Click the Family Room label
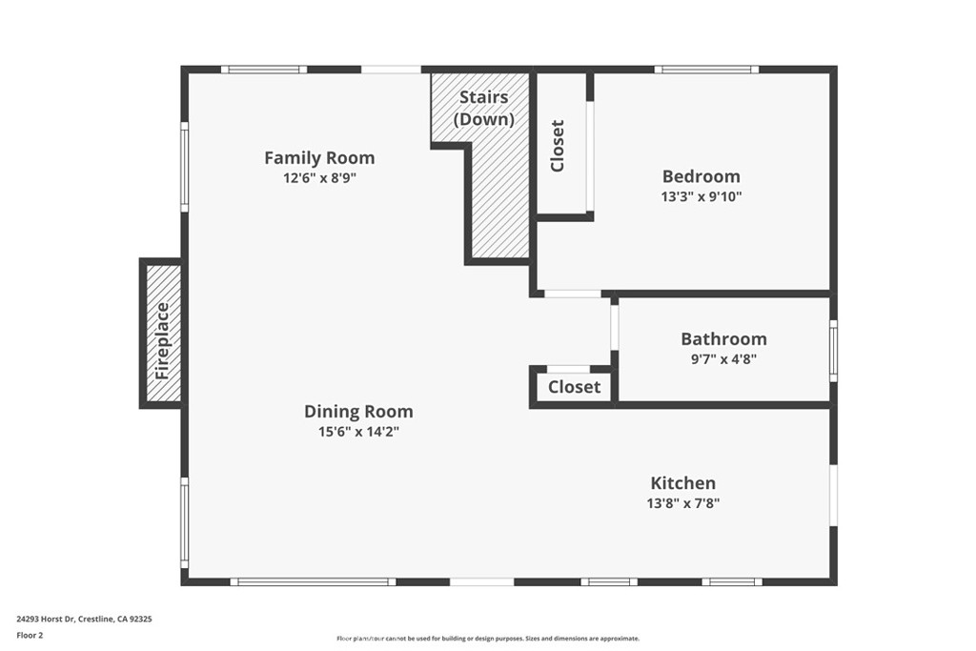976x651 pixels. [x=319, y=158]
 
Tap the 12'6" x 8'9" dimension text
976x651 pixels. [x=319, y=178]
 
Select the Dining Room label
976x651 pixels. [x=358, y=412]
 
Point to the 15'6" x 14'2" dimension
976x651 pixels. [x=358, y=432]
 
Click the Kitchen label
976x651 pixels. [x=682, y=483]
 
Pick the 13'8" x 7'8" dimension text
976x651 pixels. [x=682, y=503]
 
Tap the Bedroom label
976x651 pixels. [x=701, y=176]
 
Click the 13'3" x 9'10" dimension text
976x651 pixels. [x=701, y=196]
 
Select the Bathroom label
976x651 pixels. [x=723, y=339]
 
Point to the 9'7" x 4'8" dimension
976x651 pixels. [x=723, y=359]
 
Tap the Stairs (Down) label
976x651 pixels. [x=483, y=109]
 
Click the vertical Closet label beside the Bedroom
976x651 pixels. [x=558, y=146]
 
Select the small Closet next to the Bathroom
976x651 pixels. [x=574, y=387]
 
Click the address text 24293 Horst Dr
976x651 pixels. [x=46, y=620]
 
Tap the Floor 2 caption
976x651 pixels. [x=30, y=636]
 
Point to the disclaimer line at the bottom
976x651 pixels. [x=488, y=639]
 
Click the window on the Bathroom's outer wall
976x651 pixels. [x=833, y=351]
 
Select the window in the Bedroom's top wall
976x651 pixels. [x=706, y=70]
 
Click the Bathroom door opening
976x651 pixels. [x=614, y=327]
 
